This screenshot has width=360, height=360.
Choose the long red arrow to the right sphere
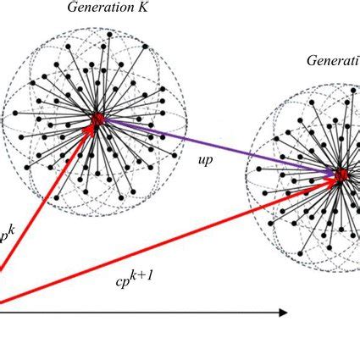click(169, 239)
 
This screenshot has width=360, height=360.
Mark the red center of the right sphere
click(341, 176)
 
